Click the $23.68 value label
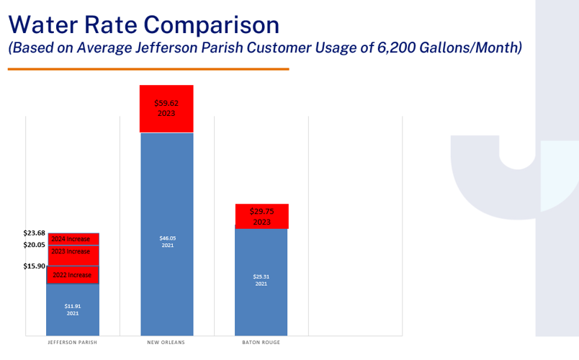point(34,233)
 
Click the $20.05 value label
point(34,245)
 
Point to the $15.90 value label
point(34,266)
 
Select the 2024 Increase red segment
point(73,239)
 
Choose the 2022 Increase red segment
point(73,275)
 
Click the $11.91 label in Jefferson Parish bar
point(73,309)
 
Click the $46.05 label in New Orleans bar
point(167,241)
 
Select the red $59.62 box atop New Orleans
point(167,109)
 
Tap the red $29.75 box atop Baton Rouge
point(261,216)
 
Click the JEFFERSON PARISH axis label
point(72,343)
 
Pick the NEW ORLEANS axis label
point(166,343)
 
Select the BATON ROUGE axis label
point(261,343)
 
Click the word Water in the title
point(45,24)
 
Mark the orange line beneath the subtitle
point(148,69)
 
